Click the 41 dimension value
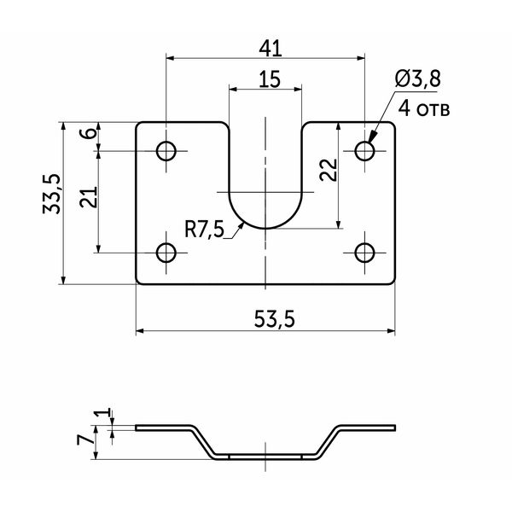[x=270, y=49]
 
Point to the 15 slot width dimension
[x=270, y=79]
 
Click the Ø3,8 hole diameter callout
[x=418, y=79]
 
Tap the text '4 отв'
[x=424, y=108]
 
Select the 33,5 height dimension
[x=51, y=194]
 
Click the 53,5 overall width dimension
[x=274, y=319]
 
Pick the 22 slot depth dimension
[x=329, y=170]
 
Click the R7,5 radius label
[x=205, y=230]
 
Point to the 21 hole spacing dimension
[x=89, y=197]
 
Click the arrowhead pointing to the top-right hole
[x=373, y=137]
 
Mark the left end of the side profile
[x=137, y=428]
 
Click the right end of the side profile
[x=395, y=428]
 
